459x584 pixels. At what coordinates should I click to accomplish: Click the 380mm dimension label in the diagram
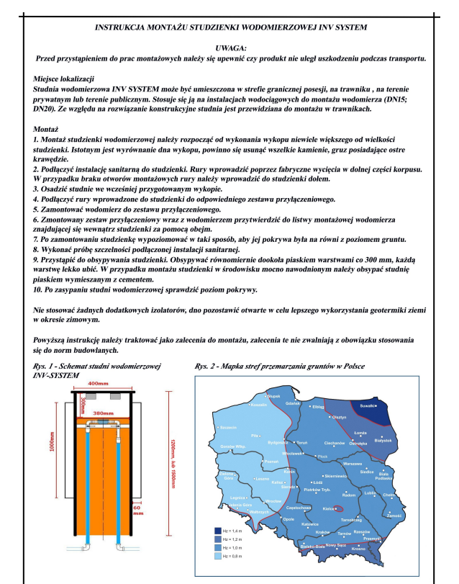click(x=104, y=413)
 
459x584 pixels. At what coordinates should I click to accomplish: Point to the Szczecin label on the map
click(x=228, y=427)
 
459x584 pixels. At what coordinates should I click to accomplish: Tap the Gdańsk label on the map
click(x=294, y=403)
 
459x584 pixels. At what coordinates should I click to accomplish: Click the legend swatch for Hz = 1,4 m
click(x=208, y=531)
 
